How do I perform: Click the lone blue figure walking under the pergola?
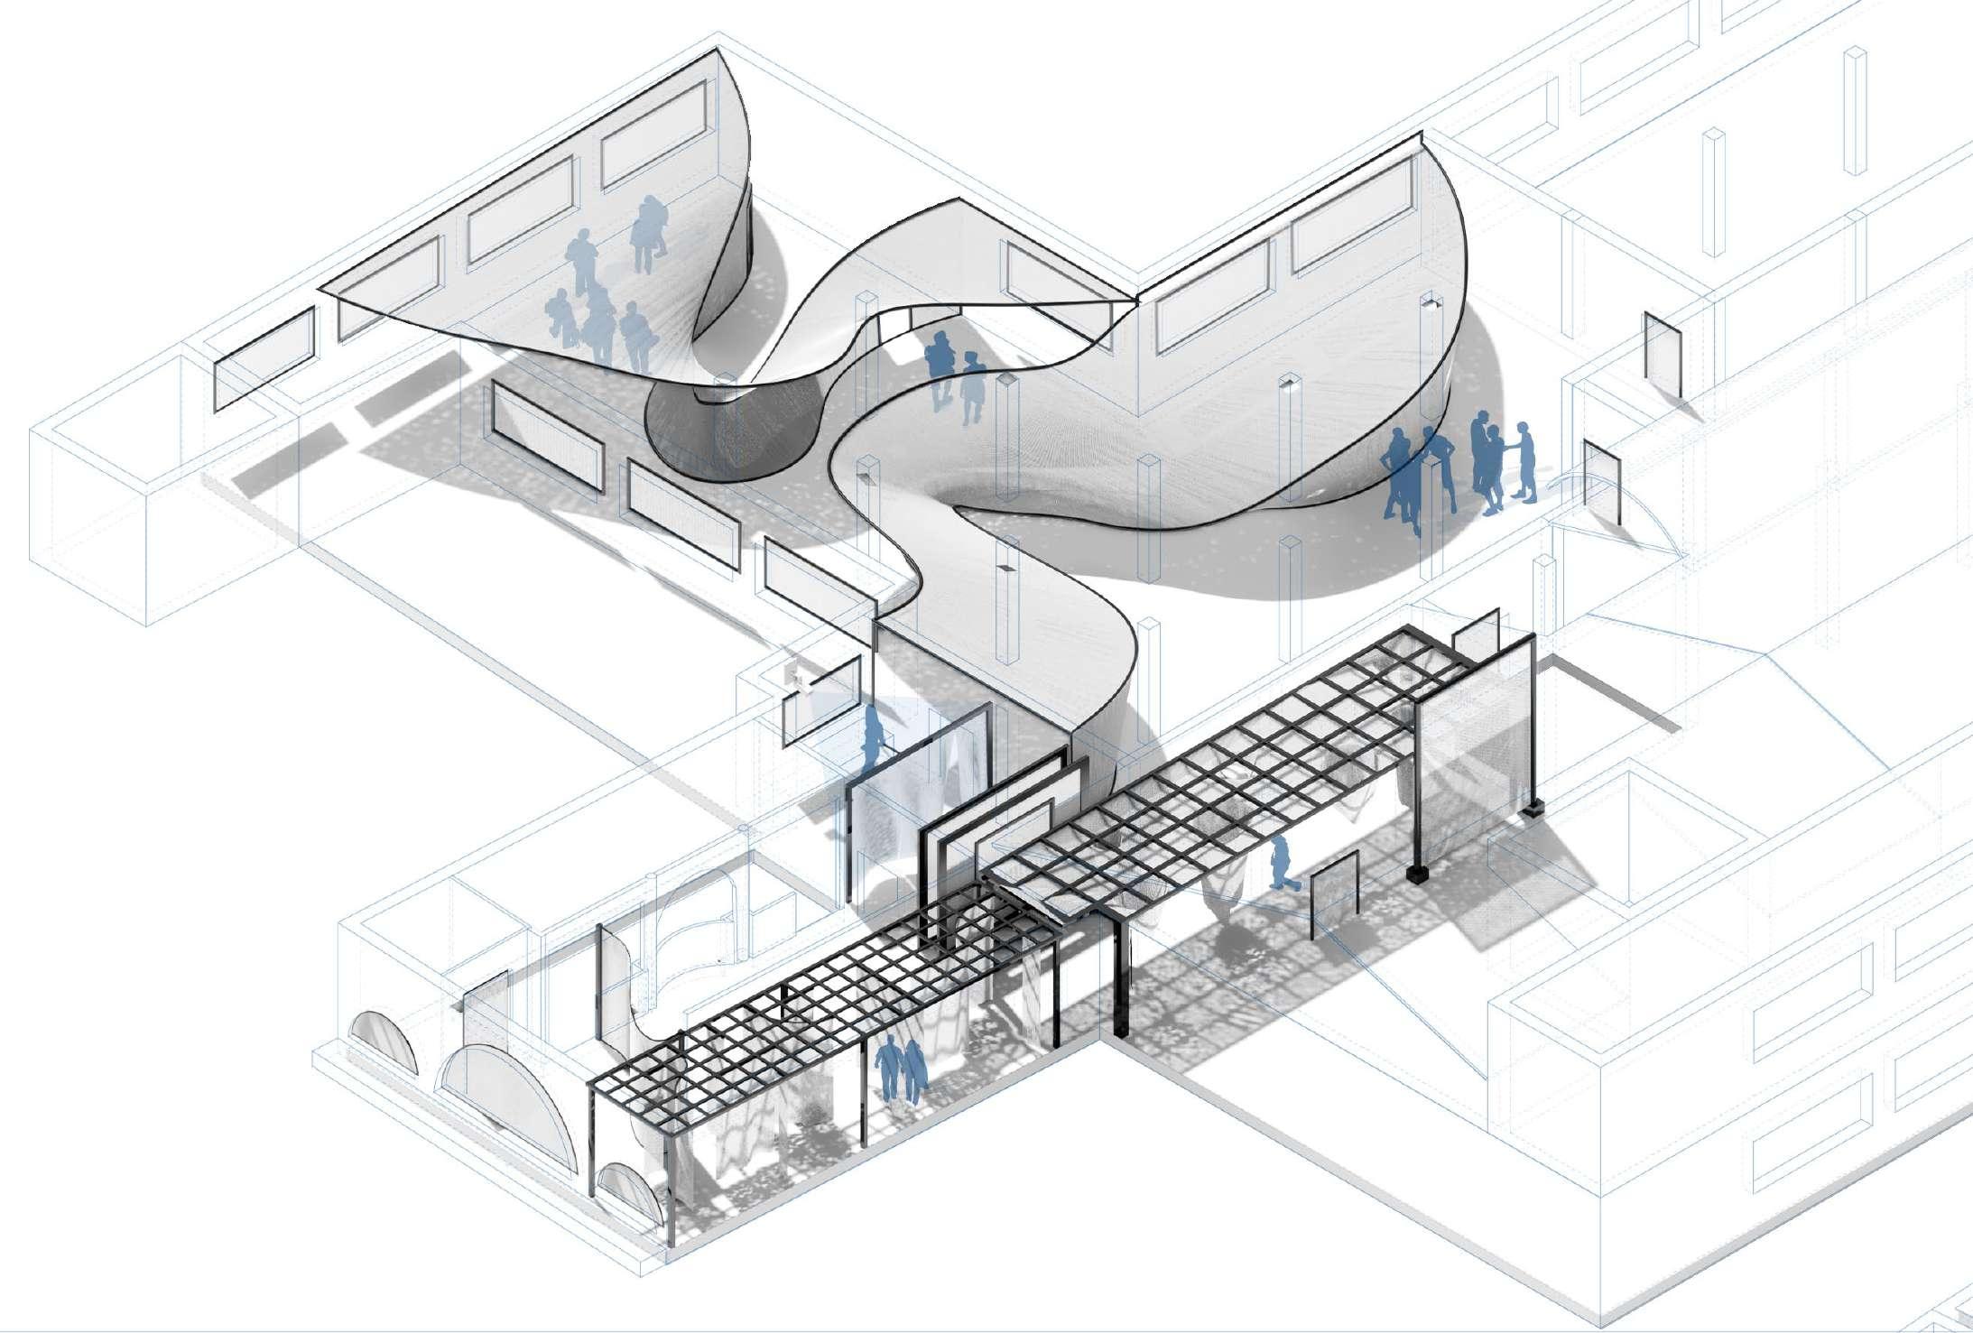click(x=1279, y=863)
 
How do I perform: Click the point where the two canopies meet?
click(x=1135, y=298)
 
